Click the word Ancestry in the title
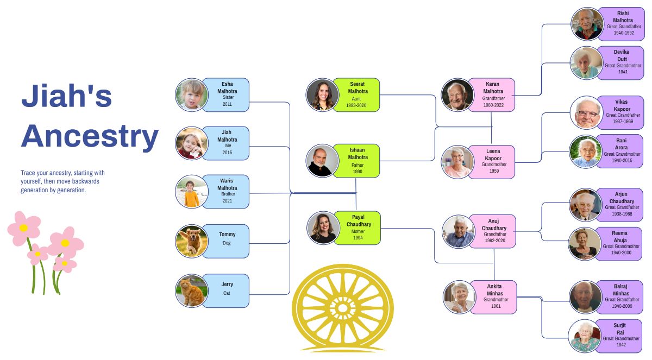[x=90, y=136]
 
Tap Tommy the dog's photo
[x=192, y=241]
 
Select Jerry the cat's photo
[x=192, y=290]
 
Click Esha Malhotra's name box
[x=227, y=94]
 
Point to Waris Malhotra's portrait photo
[x=192, y=192]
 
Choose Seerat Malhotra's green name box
[x=356, y=94]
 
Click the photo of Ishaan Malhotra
[x=322, y=161]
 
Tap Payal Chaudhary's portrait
[x=323, y=228]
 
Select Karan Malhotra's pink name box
[x=492, y=94]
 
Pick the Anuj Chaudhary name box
[x=493, y=231]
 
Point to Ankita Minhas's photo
[x=460, y=297]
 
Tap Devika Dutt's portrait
[x=587, y=62]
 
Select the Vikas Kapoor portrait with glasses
[x=587, y=112]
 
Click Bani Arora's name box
[x=622, y=150]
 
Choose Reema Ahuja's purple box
[x=619, y=243]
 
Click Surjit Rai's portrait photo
[x=585, y=336]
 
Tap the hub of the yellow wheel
[x=342, y=308]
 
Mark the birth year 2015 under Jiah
[x=227, y=153]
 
